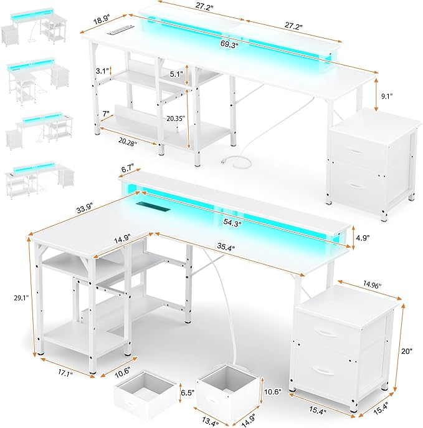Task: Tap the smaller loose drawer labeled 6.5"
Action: [137, 394]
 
